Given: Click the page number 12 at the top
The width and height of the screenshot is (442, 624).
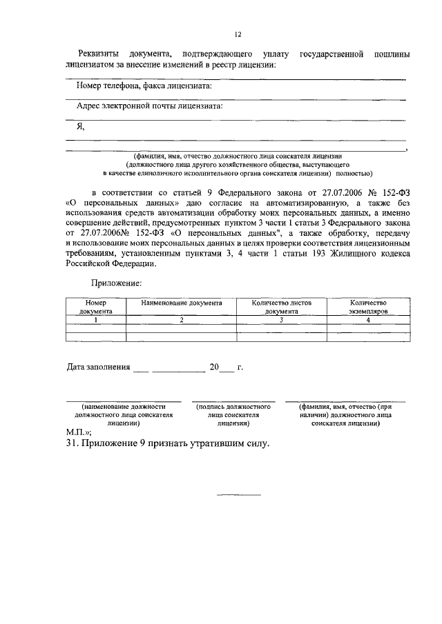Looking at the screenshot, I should click(x=238, y=33).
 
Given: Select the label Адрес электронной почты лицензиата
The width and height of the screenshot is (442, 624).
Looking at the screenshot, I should click(x=149, y=107).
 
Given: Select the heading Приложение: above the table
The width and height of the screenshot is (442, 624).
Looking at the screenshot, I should click(x=117, y=283).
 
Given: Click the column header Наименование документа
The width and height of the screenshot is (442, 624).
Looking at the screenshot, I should click(x=181, y=303).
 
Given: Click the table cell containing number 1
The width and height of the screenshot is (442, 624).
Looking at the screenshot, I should click(x=96, y=320).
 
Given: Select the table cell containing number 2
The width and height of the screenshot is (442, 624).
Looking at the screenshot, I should click(x=181, y=320).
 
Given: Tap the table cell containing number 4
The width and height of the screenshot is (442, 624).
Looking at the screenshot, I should click(x=368, y=320).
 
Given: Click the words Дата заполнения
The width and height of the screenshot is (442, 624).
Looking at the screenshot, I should click(x=99, y=368).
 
